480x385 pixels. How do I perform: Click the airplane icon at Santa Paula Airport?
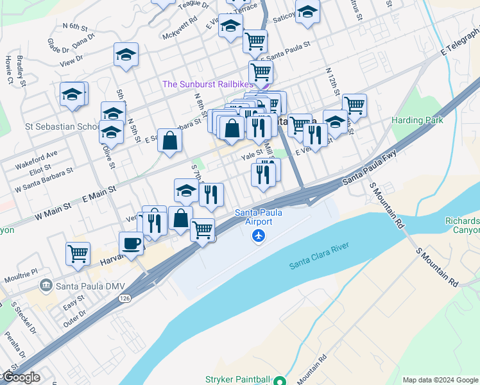tap(259, 236)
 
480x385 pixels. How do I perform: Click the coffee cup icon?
tap(132, 244)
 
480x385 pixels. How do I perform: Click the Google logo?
tap(21, 377)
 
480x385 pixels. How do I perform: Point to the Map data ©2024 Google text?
tap(440, 380)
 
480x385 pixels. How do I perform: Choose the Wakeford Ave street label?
tap(36, 156)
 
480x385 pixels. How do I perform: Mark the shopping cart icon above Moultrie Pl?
tap(78, 253)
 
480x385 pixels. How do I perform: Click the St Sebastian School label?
tap(62, 126)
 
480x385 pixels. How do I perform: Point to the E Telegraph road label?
tap(461, 43)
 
